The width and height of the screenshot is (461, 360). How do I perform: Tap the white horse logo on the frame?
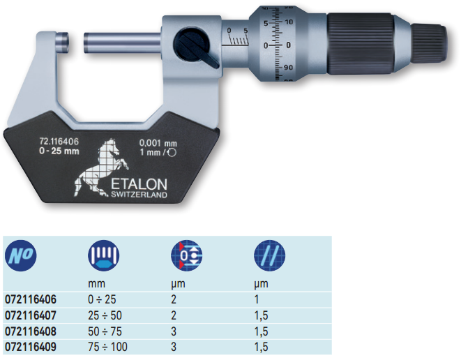click(x=100, y=167)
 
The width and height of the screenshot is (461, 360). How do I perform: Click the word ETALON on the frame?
click(x=139, y=184)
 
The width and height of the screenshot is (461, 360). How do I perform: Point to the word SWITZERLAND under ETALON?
click(x=139, y=195)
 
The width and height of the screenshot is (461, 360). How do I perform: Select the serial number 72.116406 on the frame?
click(x=59, y=142)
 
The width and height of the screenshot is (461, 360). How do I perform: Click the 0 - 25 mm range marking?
click(x=59, y=151)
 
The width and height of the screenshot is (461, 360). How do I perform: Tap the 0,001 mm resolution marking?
click(x=158, y=143)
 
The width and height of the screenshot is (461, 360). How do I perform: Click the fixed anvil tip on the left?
click(x=63, y=43)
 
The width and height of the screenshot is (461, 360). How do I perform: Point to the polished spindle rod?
click(x=122, y=43)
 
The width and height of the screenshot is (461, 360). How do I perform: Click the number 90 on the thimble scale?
click(x=288, y=68)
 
